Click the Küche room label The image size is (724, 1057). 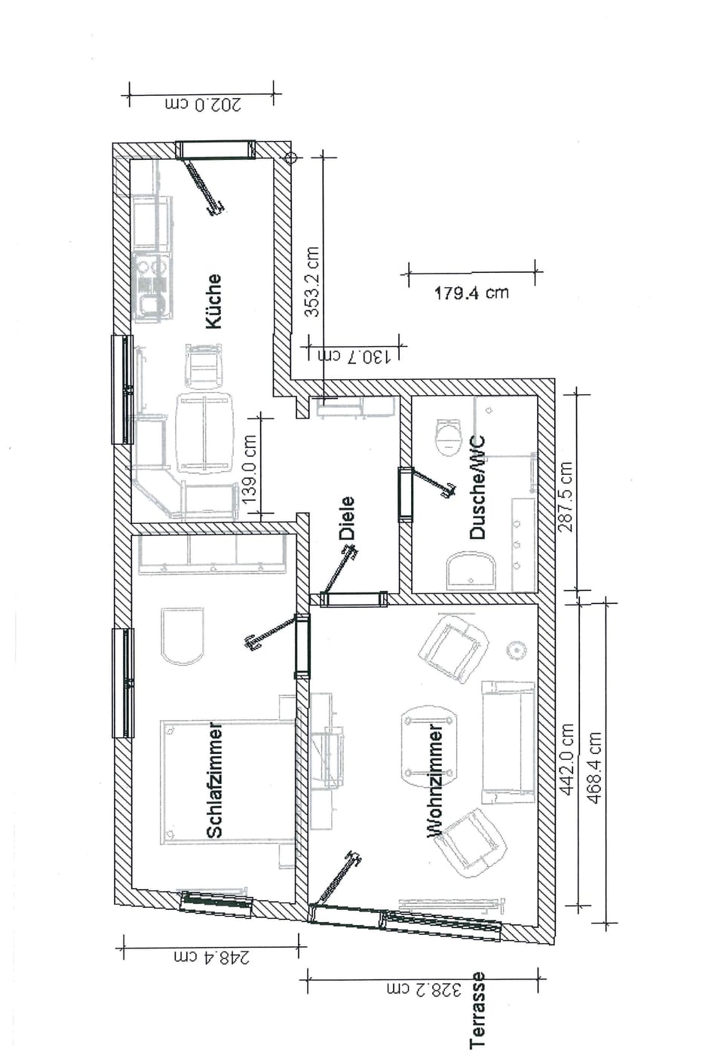pyautogui.click(x=214, y=301)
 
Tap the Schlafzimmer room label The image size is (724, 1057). pyautogui.click(x=214, y=782)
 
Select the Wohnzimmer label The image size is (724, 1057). pyautogui.click(x=435, y=782)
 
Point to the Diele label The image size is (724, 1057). pyautogui.click(x=347, y=517)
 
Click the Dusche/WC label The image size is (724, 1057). pyautogui.click(x=477, y=488)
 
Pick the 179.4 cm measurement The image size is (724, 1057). pyautogui.click(x=471, y=293)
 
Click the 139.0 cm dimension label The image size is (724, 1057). pyautogui.click(x=250, y=469)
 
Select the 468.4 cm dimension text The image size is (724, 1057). pyautogui.click(x=595, y=767)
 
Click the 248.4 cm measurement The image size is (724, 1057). pyautogui.click(x=212, y=957)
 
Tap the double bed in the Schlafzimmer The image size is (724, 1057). pyautogui.click(x=226, y=782)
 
